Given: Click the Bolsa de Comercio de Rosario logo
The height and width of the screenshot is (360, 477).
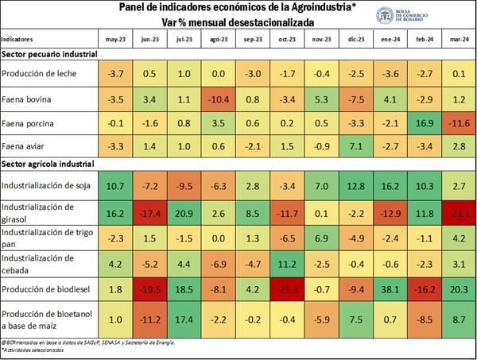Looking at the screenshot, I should click(386, 15).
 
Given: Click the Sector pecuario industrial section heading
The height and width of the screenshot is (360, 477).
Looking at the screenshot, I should click(49, 54).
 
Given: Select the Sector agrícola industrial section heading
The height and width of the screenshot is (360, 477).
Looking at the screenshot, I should click(48, 164).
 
